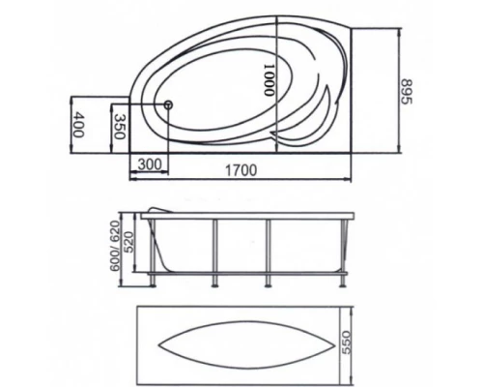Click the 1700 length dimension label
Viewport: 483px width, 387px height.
(x=241, y=170)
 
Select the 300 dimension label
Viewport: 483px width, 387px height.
(x=150, y=164)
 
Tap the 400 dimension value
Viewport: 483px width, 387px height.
(x=77, y=124)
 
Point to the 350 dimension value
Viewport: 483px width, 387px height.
(x=120, y=127)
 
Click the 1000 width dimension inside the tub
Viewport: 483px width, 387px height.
(x=269, y=80)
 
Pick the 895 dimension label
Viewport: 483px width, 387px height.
(x=407, y=92)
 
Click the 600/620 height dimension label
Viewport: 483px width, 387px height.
(x=115, y=246)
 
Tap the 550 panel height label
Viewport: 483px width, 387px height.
(x=346, y=342)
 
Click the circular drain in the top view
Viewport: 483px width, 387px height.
(x=168, y=104)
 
